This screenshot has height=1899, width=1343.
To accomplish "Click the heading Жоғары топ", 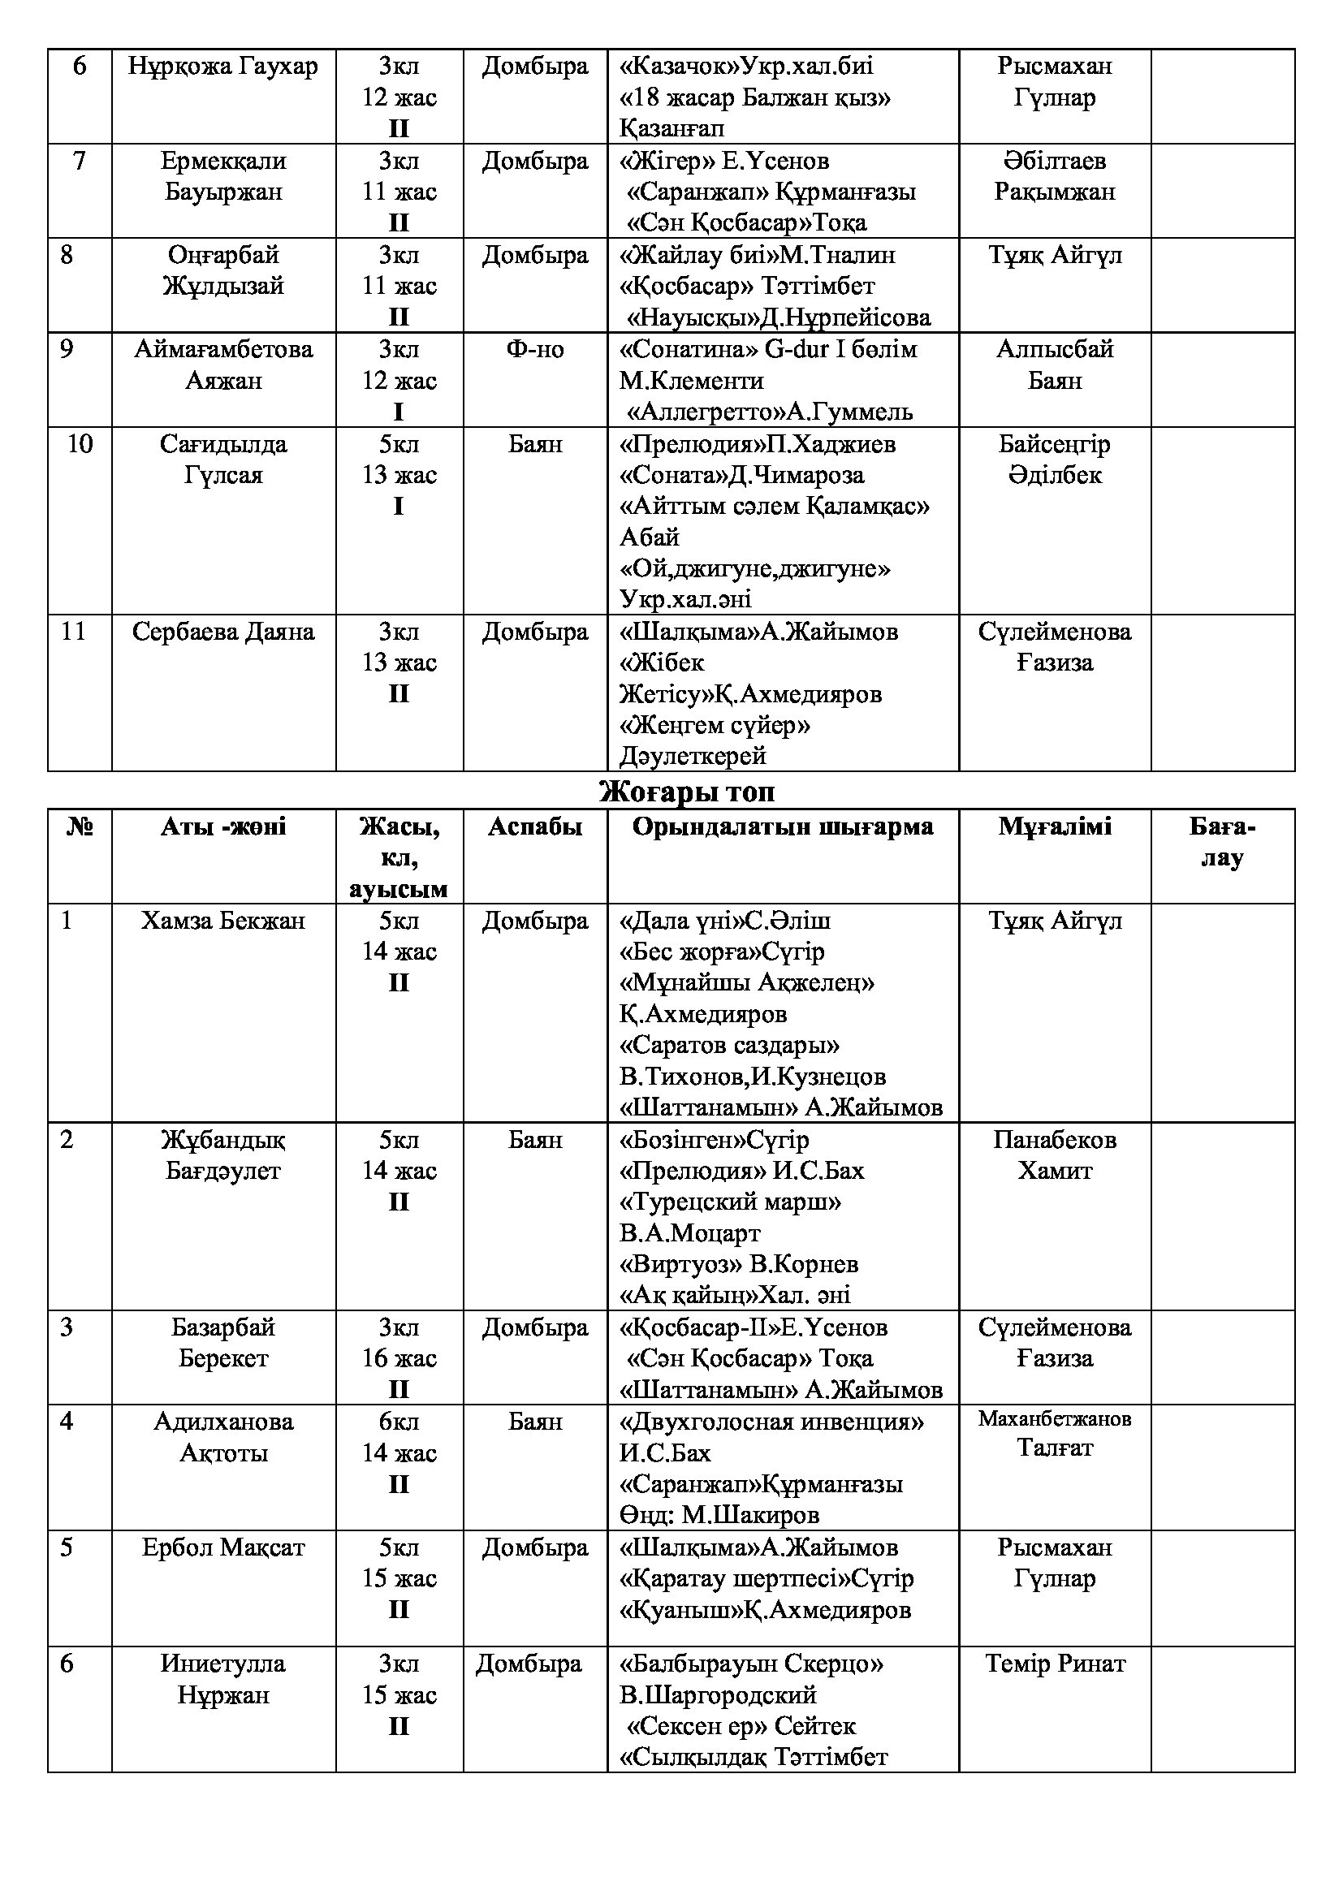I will [x=686, y=792].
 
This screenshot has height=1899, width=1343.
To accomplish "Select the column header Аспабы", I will [x=534, y=826].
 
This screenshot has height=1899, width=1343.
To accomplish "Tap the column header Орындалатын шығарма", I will [x=782, y=826].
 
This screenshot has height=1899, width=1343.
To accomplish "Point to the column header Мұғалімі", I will [x=1055, y=826].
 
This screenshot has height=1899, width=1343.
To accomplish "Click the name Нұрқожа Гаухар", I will [x=222, y=65].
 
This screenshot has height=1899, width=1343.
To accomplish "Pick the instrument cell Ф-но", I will [x=534, y=350].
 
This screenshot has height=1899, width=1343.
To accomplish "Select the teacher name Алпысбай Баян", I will [x=1055, y=365].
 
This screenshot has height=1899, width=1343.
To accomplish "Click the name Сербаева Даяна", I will [x=222, y=632].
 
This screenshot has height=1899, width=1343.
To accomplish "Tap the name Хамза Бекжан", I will [x=222, y=921].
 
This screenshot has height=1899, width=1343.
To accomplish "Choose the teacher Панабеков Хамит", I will [x=1055, y=1155].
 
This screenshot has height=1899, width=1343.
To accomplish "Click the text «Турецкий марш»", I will [x=730, y=1202].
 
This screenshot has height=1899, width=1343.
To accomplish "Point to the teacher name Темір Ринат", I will [x=1055, y=1664].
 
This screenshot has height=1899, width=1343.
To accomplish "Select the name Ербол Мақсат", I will [x=222, y=1547].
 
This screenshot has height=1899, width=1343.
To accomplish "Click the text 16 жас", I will [x=399, y=1358].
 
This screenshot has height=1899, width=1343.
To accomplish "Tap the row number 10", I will [x=80, y=444].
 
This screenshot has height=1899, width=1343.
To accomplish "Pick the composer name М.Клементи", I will [x=691, y=382].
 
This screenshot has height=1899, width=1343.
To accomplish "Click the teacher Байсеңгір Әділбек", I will [x=1055, y=459].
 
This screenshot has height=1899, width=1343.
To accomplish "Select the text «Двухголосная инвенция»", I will [x=771, y=1422].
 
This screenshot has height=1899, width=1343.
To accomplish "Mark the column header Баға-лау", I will [x=1221, y=841].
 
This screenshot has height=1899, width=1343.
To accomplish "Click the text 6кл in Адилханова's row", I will [x=399, y=1422].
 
